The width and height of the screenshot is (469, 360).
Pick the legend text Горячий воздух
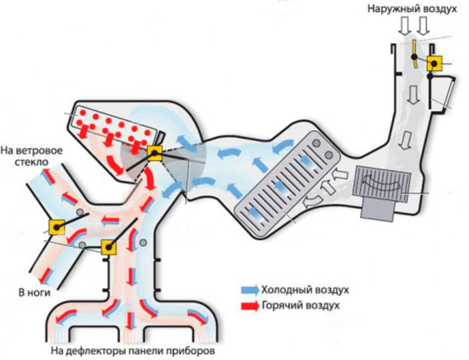[x=302, y=305]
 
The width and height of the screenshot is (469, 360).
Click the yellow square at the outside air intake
[x=433, y=64]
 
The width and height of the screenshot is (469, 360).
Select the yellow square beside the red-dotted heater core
[x=155, y=154]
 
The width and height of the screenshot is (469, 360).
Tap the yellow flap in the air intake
[x=415, y=50]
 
